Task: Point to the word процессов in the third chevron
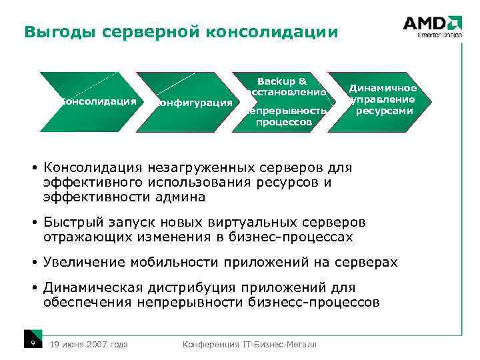pyautogui.click(x=283, y=123)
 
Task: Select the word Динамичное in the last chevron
pyautogui.click(x=383, y=88)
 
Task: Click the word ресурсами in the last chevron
pyautogui.click(x=383, y=111)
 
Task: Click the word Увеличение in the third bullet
pyautogui.click(x=83, y=262)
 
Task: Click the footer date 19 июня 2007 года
pyautogui.click(x=89, y=344)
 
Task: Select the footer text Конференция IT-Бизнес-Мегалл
pyautogui.click(x=249, y=344)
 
